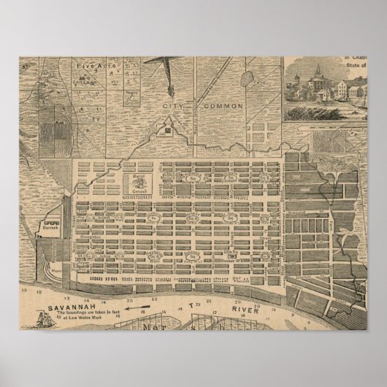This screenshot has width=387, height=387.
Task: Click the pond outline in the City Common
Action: pos(246,76)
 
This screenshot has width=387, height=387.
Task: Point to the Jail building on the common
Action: pos(169,131)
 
